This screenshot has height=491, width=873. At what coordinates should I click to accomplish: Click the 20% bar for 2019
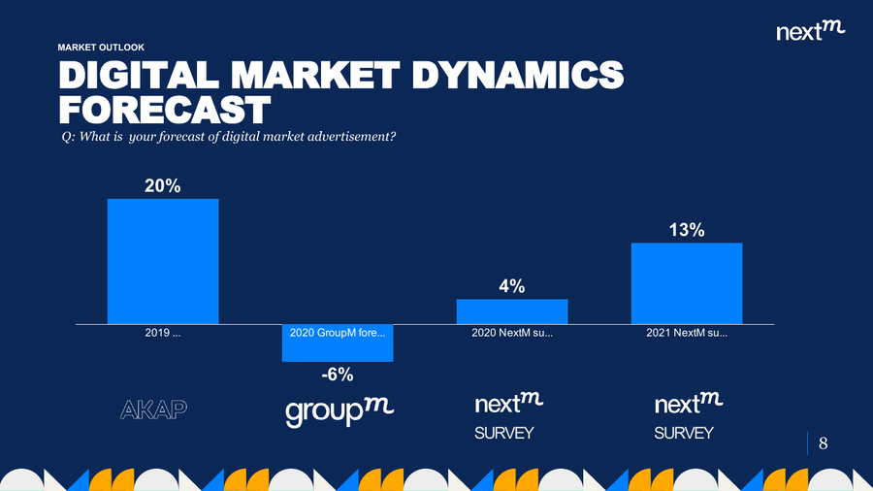click(163, 261)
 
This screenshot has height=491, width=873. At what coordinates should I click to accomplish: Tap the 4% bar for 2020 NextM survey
click(512, 311)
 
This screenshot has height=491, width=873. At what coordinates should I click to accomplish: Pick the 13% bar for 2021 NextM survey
click(687, 283)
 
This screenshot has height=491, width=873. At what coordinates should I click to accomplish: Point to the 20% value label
click(163, 186)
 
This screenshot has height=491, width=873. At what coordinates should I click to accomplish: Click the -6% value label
click(338, 375)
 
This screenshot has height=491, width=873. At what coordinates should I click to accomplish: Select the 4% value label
click(512, 286)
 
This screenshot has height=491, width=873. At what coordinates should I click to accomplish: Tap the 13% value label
click(687, 230)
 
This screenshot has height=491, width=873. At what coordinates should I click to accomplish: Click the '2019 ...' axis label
click(163, 333)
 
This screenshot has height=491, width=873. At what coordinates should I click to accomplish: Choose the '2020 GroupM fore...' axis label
click(338, 333)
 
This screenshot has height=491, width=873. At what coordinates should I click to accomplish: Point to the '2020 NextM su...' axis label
click(512, 333)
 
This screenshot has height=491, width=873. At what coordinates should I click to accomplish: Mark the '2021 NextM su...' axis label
click(687, 333)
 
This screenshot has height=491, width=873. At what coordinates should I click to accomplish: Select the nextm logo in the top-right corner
click(811, 31)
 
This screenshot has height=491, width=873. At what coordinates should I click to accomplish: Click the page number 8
click(824, 443)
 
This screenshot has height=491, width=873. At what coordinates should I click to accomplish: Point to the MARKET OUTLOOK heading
click(101, 47)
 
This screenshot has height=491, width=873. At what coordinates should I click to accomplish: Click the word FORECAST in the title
click(163, 109)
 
